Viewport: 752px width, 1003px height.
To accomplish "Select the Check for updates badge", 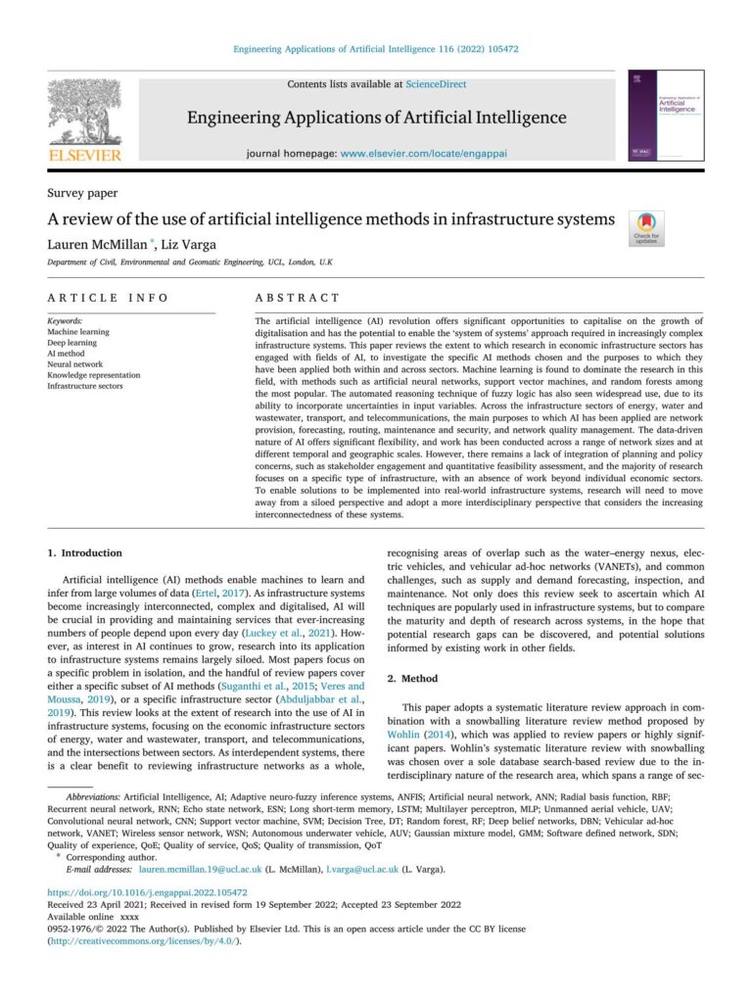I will (645, 227).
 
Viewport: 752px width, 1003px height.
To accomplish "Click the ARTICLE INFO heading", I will (108, 297).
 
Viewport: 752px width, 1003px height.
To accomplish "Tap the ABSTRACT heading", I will (297, 297).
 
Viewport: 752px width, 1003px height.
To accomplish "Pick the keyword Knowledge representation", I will (94, 375).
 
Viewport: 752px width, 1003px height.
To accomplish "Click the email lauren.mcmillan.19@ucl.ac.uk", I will (201, 869).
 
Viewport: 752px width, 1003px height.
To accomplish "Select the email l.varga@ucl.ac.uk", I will (361, 869).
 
